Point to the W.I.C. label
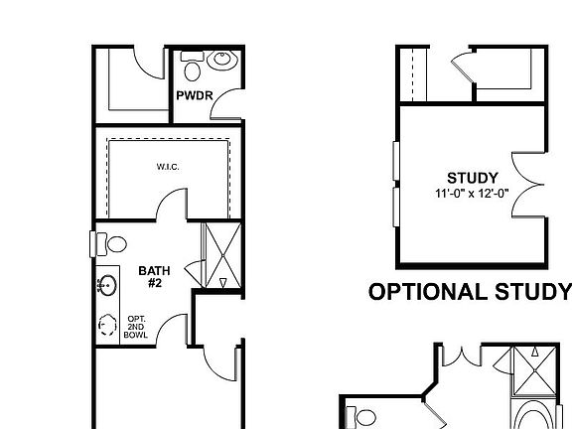(x=167, y=167)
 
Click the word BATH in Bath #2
(x=154, y=270)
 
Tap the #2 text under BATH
(x=154, y=283)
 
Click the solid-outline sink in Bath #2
(x=105, y=286)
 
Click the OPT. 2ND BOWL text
(x=136, y=327)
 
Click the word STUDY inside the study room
(x=472, y=178)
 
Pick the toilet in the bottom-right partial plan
(x=362, y=417)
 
